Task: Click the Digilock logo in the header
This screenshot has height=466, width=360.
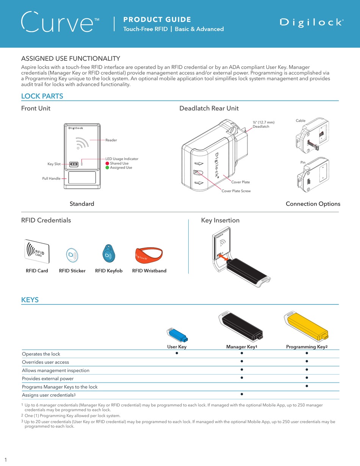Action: click(x=311, y=23)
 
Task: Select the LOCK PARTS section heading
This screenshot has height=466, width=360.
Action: click(x=42, y=96)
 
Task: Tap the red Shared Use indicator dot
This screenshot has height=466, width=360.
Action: click(x=107, y=163)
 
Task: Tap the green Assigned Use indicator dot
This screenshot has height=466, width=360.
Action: click(x=107, y=168)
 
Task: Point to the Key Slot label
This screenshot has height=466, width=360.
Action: click(x=54, y=164)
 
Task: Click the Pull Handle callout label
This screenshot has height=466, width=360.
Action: click(x=51, y=178)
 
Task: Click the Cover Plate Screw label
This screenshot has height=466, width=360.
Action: click(x=236, y=191)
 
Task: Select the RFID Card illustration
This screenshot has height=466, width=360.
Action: click(x=37, y=252)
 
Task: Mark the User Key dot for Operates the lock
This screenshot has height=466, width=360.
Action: click(x=177, y=353)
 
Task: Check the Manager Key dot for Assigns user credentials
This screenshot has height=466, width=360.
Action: click(x=241, y=394)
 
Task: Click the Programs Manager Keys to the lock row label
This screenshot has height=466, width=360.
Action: click(x=60, y=387)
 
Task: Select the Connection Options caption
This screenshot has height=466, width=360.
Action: click(x=313, y=204)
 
